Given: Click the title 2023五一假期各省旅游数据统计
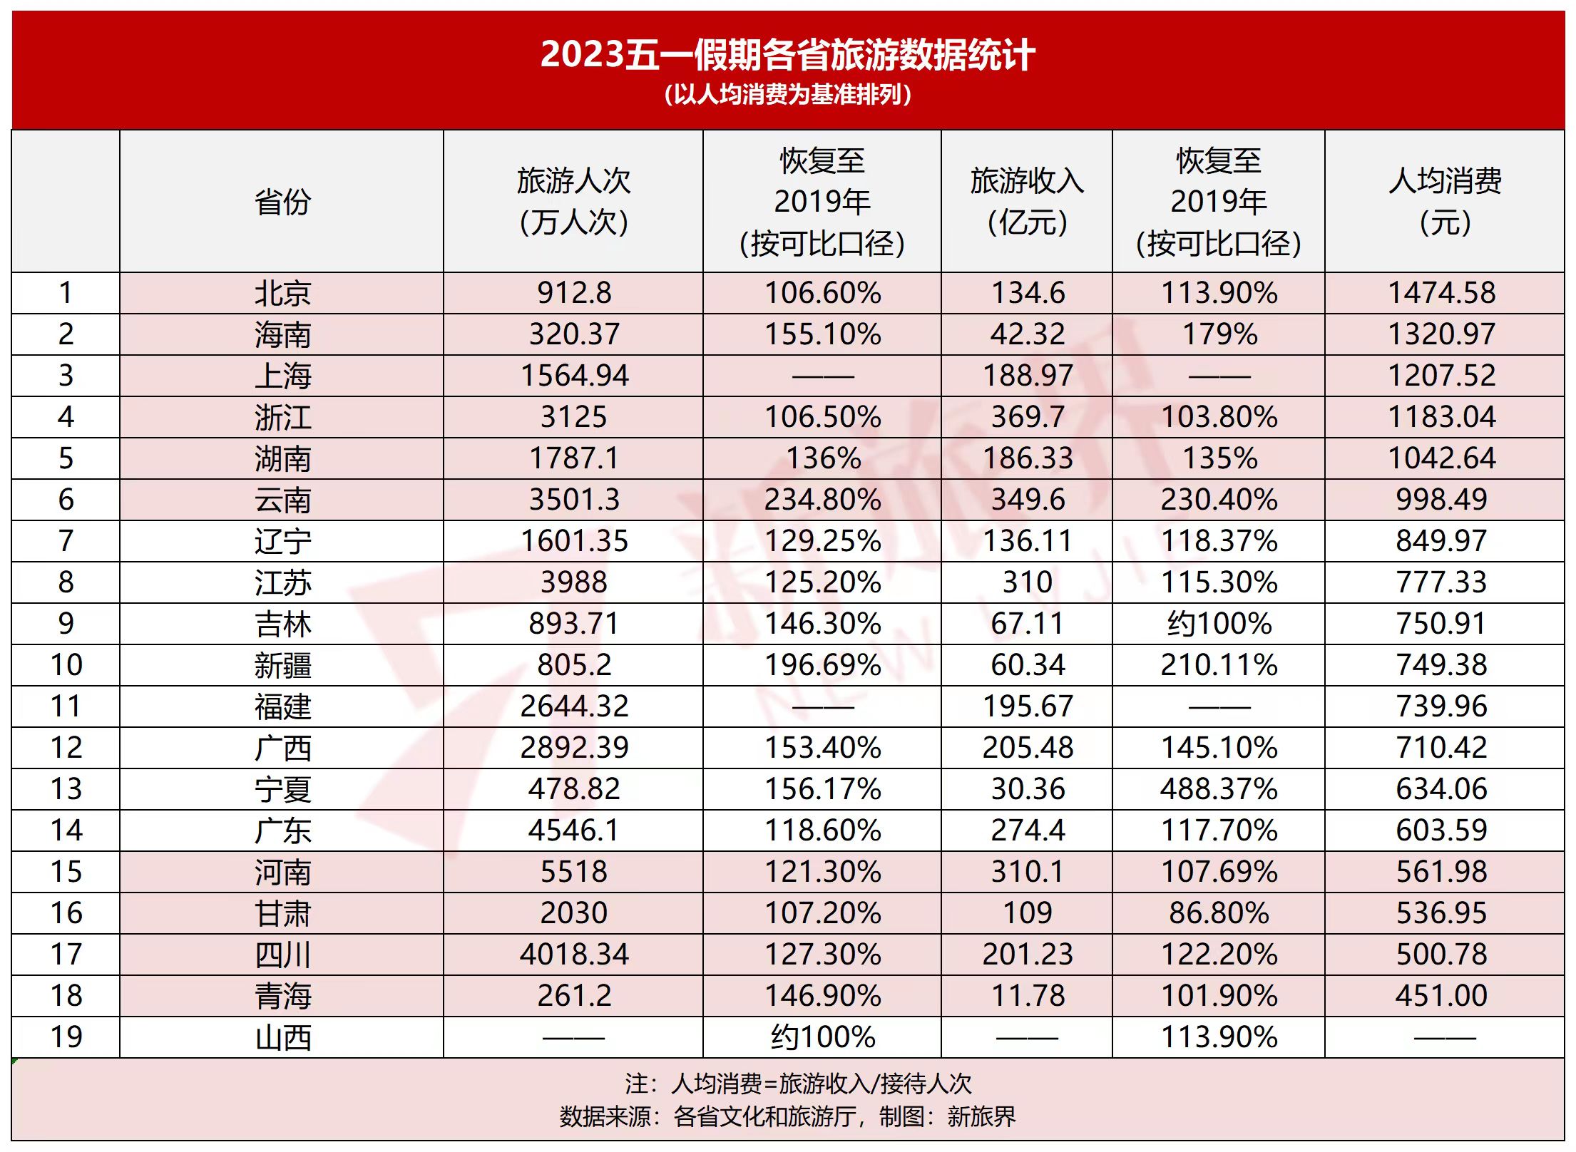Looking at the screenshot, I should click(x=787, y=54).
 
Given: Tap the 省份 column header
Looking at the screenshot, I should click(x=282, y=202).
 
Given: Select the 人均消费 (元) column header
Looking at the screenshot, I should click(x=1445, y=202).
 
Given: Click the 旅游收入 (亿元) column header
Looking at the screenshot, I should click(x=1027, y=202).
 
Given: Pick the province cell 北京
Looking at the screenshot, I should click(x=282, y=293).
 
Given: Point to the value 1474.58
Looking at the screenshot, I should click(x=1442, y=293).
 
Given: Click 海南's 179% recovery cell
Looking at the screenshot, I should click(x=1219, y=334).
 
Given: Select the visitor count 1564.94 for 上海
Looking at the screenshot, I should click(x=575, y=376).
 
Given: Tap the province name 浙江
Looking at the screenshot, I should click(x=282, y=417).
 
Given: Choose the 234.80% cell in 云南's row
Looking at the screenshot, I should click(x=823, y=500).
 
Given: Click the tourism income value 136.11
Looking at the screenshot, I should click(x=1028, y=541).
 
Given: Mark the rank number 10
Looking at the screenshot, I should click(x=66, y=665).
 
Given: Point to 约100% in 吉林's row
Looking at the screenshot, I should click(x=1219, y=624).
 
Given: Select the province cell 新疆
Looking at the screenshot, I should click(x=282, y=665).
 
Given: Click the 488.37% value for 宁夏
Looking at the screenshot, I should click(x=1219, y=789).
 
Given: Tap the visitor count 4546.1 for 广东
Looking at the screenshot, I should click(x=574, y=830).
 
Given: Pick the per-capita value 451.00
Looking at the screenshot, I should click(x=1442, y=996).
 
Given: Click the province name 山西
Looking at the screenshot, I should click(x=282, y=1037).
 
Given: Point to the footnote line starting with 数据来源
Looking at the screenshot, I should click(x=787, y=1116).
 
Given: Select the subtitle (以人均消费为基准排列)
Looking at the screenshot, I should click(x=787, y=95).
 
